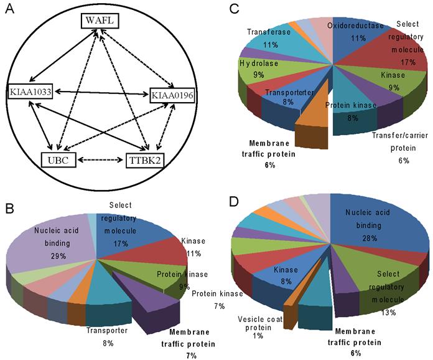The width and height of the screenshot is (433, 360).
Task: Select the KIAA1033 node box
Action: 29,92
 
